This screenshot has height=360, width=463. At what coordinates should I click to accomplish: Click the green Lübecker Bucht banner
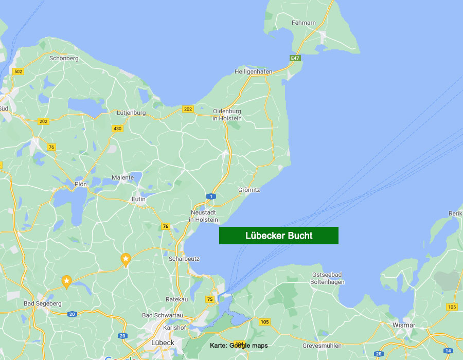coord(279,236)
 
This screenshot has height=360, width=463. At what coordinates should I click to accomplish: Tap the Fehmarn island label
coord(304,23)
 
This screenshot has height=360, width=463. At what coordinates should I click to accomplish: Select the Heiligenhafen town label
coord(253,71)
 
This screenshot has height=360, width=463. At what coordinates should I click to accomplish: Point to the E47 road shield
coord(294,59)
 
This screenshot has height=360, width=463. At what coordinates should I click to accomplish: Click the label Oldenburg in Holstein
coord(227,114)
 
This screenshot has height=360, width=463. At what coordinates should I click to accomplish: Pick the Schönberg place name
coord(64,58)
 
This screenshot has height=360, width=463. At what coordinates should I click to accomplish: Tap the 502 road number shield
coord(18,71)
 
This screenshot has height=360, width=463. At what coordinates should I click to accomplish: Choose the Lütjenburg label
coord(131,113)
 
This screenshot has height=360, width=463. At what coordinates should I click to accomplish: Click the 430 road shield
coord(117,128)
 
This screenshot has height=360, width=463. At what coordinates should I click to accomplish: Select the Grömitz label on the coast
coord(249,190)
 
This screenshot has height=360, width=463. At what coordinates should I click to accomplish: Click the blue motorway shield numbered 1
coord(210,196)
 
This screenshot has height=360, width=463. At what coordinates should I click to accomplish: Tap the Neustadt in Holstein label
coord(204,216)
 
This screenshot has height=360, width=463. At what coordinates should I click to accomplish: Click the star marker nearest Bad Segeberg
coord(66,281)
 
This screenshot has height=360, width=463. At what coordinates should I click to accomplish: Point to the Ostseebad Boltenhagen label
coord(328,278)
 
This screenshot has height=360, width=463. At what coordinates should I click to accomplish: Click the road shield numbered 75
coord(210,299)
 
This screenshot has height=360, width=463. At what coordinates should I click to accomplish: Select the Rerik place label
coord(455,213)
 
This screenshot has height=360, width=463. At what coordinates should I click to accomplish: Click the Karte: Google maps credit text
coord(239,345)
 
